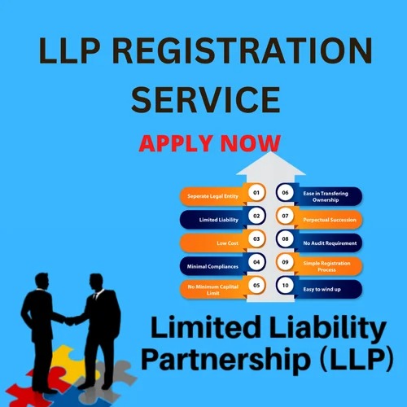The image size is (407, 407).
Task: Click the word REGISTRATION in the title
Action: pyautogui.click(x=242, y=50)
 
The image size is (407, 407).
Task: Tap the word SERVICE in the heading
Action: pyautogui.click(x=206, y=99)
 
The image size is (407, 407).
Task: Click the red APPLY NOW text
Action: pyautogui.click(x=209, y=143)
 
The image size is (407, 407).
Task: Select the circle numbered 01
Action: pyautogui.click(x=256, y=193)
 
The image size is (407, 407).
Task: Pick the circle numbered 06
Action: pyautogui.click(x=285, y=193)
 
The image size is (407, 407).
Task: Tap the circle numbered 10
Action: pyautogui.click(x=285, y=286)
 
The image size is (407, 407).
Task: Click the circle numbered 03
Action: pyautogui.click(x=256, y=239)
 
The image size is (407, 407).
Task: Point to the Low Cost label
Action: pyautogui.click(x=227, y=243)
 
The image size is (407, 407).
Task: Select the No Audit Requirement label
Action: pyautogui.click(x=330, y=243)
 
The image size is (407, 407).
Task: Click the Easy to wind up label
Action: pyautogui.click(x=322, y=290)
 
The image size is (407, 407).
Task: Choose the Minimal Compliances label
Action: pyautogui.click(x=212, y=267)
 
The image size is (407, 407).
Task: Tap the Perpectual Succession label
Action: pyautogui.click(x=330, y=220)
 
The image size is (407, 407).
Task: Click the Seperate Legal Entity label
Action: pyautogui.click(x=212, y=196)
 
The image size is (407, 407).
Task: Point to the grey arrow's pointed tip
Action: pyautogui.click(x=271, y=152)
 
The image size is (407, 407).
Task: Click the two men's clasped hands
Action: pyautogui.click(x=70, y=321)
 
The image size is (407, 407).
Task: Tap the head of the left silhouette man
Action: pyautogui.click(x=42, y=282)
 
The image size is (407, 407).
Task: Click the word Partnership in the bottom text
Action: pyautogui.click(x=225, y=359)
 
